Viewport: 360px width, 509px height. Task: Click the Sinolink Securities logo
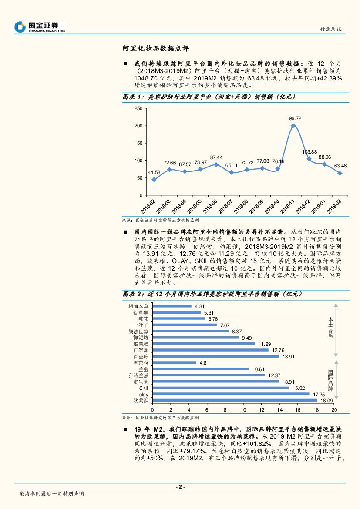click(x=40, y=27)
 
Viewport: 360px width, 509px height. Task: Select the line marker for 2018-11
click(x=293, y=126)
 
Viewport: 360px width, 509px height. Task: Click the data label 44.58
click(x=154, y=172)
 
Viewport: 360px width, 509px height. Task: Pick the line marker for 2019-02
click(x=339, y=173)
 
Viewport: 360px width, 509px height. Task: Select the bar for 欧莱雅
click(x=235, y=400)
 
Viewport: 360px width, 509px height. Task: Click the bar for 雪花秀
click(x=174, y=362)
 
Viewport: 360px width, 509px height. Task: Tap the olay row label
click(x=144, y=394)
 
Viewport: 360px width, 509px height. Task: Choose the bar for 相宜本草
click(x=172, y=306)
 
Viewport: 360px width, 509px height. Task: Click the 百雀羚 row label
click(x=141, y=356)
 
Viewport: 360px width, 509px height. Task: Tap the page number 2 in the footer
click(x=180, y=487)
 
